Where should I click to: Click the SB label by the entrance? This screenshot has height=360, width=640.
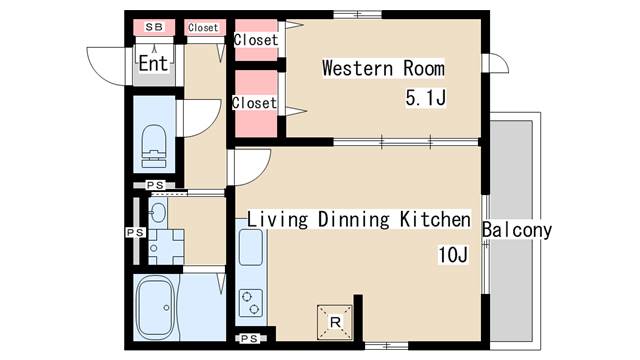click(x=154, y=27)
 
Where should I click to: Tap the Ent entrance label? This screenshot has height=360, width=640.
click(x=153, y=63)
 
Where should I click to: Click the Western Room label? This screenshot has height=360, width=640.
click(x=383, y=68)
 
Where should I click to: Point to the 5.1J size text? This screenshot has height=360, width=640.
click(x=426, y=98)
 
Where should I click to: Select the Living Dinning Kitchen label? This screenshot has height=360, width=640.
click(x=359, y=219)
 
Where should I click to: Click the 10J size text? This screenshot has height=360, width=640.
click(x=453, y=255)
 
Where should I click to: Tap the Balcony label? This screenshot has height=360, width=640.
click(x=517, y=230)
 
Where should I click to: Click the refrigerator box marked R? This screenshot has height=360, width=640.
click(x=335, y=322)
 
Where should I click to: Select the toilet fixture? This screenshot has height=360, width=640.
click(x=154, y=146)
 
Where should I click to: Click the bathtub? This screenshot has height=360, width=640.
click(x=155, y=307)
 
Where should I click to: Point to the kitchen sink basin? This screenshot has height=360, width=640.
click(x=250, y=247)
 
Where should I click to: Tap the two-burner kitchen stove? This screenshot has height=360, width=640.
click(x=251, y=303)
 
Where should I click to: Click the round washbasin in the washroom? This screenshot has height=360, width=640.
click(x=158, y=212)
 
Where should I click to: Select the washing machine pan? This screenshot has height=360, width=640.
click(x=166, y=247)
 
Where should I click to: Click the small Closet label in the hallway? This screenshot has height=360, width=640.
click(x=203, y=28)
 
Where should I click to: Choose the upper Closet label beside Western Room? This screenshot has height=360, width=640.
click(x=256, y=40)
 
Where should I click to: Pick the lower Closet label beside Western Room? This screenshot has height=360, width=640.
click(x=254, y=103)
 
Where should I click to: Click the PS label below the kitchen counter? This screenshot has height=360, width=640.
click(x=249, y=338)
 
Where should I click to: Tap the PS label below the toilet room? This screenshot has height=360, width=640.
click(x=155, y=185)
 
